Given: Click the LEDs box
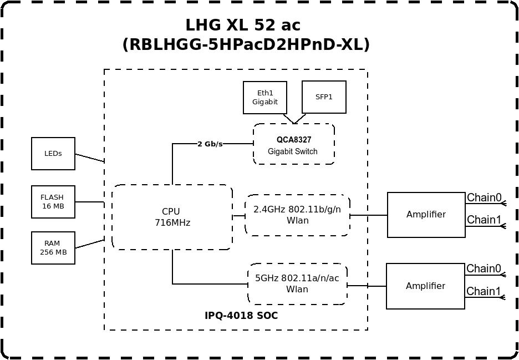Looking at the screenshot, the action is [53, 154].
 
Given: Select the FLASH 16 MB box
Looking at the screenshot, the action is [53, 202].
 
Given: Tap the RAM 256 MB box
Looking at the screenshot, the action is [53, 248].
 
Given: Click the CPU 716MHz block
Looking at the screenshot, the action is [172, 217].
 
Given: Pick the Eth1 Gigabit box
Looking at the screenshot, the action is [265, 98].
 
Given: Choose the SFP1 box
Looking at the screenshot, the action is [324, 97].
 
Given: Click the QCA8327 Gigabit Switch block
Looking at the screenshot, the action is [294, 144].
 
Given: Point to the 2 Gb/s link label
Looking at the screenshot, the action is [210, 144].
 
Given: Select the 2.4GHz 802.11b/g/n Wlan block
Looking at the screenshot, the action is [297, 215].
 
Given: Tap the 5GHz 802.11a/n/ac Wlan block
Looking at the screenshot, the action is [298, 284].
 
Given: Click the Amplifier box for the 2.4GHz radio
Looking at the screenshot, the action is [426, 215].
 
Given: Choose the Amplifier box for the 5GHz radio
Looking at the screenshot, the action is [426, 286].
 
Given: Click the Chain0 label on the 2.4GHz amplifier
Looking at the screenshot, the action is [484, 197].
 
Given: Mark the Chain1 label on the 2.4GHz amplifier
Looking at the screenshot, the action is [484, 220].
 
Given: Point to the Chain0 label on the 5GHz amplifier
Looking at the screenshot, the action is [484, 268].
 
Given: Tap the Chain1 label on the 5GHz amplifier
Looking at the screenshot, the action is [484, 291].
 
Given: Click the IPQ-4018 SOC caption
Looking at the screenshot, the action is [241, 316].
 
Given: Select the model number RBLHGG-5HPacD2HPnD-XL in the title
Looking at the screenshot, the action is [246, 45].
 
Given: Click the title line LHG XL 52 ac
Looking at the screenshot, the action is [243, 25].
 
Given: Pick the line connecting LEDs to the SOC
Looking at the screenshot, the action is [90, 158].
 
